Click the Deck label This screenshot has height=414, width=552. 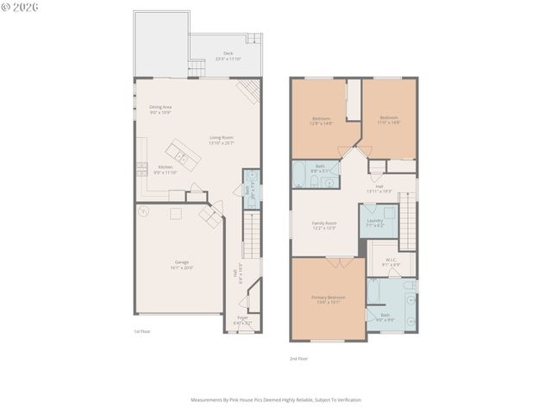[228, 55]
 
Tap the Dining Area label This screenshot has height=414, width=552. [160, 109]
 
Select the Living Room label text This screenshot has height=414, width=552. [222, 139]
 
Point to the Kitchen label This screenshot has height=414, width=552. [165, 169]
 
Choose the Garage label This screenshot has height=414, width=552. [182, 264]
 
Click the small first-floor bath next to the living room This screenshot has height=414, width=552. [250, 191]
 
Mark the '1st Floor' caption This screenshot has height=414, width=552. [142, 331]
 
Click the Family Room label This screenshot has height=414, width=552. [324, 225]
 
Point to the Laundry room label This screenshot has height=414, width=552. [374, 222]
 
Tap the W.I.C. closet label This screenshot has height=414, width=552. [390, 261]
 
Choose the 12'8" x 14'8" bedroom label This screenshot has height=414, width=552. [321, 120]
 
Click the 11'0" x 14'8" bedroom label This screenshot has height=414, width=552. [389, 120]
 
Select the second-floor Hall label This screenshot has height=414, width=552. [379, 188]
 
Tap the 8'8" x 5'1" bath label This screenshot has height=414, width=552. [320, 168]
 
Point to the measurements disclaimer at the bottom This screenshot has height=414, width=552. [275, 399]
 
